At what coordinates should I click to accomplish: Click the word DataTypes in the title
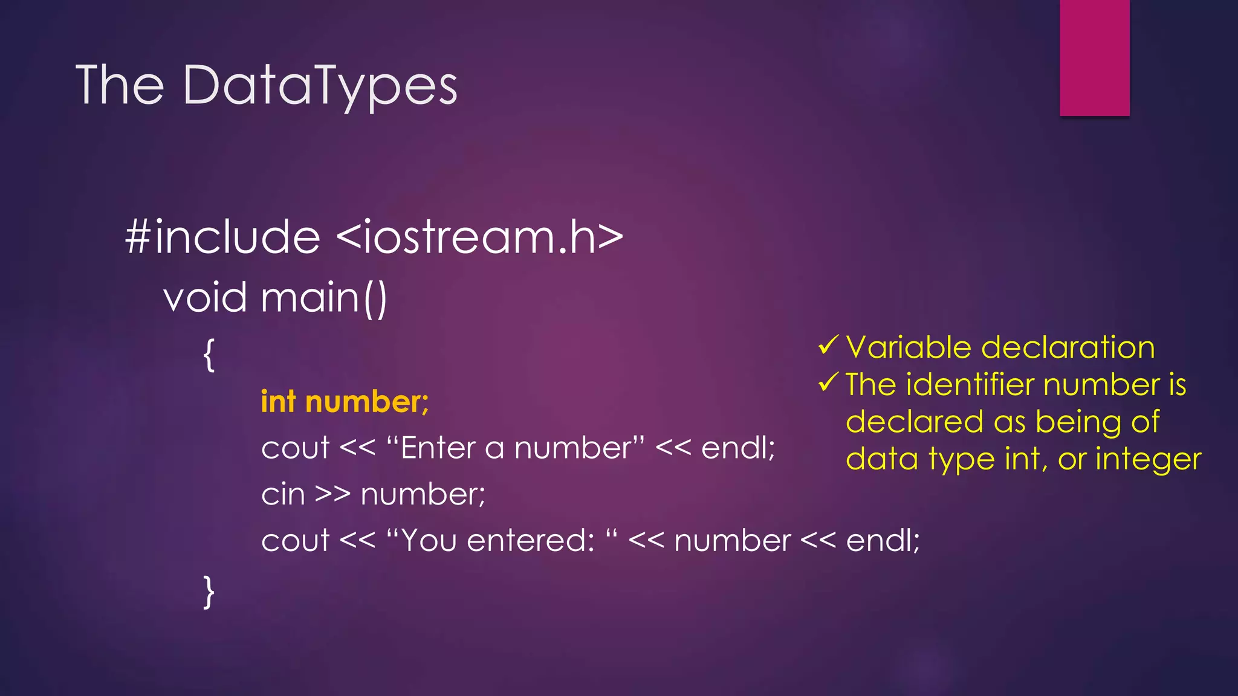320,86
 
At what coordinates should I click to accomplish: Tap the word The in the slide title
120,85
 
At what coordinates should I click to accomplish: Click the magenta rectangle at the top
1094,57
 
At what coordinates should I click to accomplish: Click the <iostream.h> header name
479,237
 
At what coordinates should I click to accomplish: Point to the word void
205,298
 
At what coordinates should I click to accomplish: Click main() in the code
324,298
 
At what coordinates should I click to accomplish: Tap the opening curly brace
209,355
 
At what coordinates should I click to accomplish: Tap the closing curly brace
209,591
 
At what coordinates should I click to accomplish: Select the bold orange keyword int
278,402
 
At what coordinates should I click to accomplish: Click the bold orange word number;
367,402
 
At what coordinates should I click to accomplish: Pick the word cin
283,494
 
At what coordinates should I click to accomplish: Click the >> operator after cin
332,494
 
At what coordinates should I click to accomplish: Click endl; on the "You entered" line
883,540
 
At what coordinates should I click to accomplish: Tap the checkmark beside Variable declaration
828,346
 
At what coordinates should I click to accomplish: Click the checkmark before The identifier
828,382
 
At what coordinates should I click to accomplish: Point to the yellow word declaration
1068,347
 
